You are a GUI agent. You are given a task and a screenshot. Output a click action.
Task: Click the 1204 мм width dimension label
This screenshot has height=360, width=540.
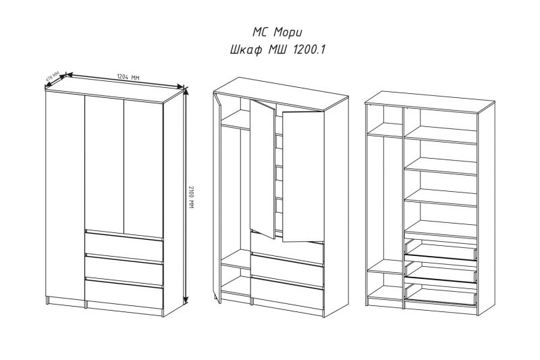click(128, 77)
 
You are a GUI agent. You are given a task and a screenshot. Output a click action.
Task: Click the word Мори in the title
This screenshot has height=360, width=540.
click(288, 32)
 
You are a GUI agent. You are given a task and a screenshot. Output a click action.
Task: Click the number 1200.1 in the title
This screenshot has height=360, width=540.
click(308, 50)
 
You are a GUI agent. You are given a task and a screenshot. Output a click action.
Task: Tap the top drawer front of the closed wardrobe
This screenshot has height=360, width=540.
click(124, 247)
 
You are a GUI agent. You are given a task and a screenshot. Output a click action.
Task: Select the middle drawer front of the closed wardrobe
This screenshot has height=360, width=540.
click(124, 270)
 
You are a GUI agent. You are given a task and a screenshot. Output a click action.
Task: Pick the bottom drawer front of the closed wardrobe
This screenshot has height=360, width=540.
click(124, 294)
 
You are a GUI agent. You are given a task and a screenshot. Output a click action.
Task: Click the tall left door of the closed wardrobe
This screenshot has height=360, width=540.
click(65, 196)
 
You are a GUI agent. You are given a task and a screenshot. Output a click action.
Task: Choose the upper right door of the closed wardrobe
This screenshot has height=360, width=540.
click(143, 168)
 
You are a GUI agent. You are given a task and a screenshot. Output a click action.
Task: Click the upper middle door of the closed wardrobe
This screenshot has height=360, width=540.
click(104, 163)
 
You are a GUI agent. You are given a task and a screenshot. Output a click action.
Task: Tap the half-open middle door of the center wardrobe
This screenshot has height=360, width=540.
click(263, 169)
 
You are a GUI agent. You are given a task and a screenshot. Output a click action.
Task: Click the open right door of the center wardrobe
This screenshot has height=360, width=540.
click(303, 176)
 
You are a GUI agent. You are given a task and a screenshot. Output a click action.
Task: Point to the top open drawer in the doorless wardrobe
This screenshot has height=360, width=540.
click(441, 251)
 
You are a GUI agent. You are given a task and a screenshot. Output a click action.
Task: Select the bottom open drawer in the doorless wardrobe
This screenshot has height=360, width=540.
click(441, 295)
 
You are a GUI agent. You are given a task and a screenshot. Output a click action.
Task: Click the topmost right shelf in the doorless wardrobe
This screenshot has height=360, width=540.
click(441, 134)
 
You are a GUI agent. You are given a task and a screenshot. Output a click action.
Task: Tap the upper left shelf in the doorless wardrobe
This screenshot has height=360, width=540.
click(385, 130)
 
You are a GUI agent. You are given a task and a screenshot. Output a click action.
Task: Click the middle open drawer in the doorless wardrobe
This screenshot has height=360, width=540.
click(441, 273)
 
